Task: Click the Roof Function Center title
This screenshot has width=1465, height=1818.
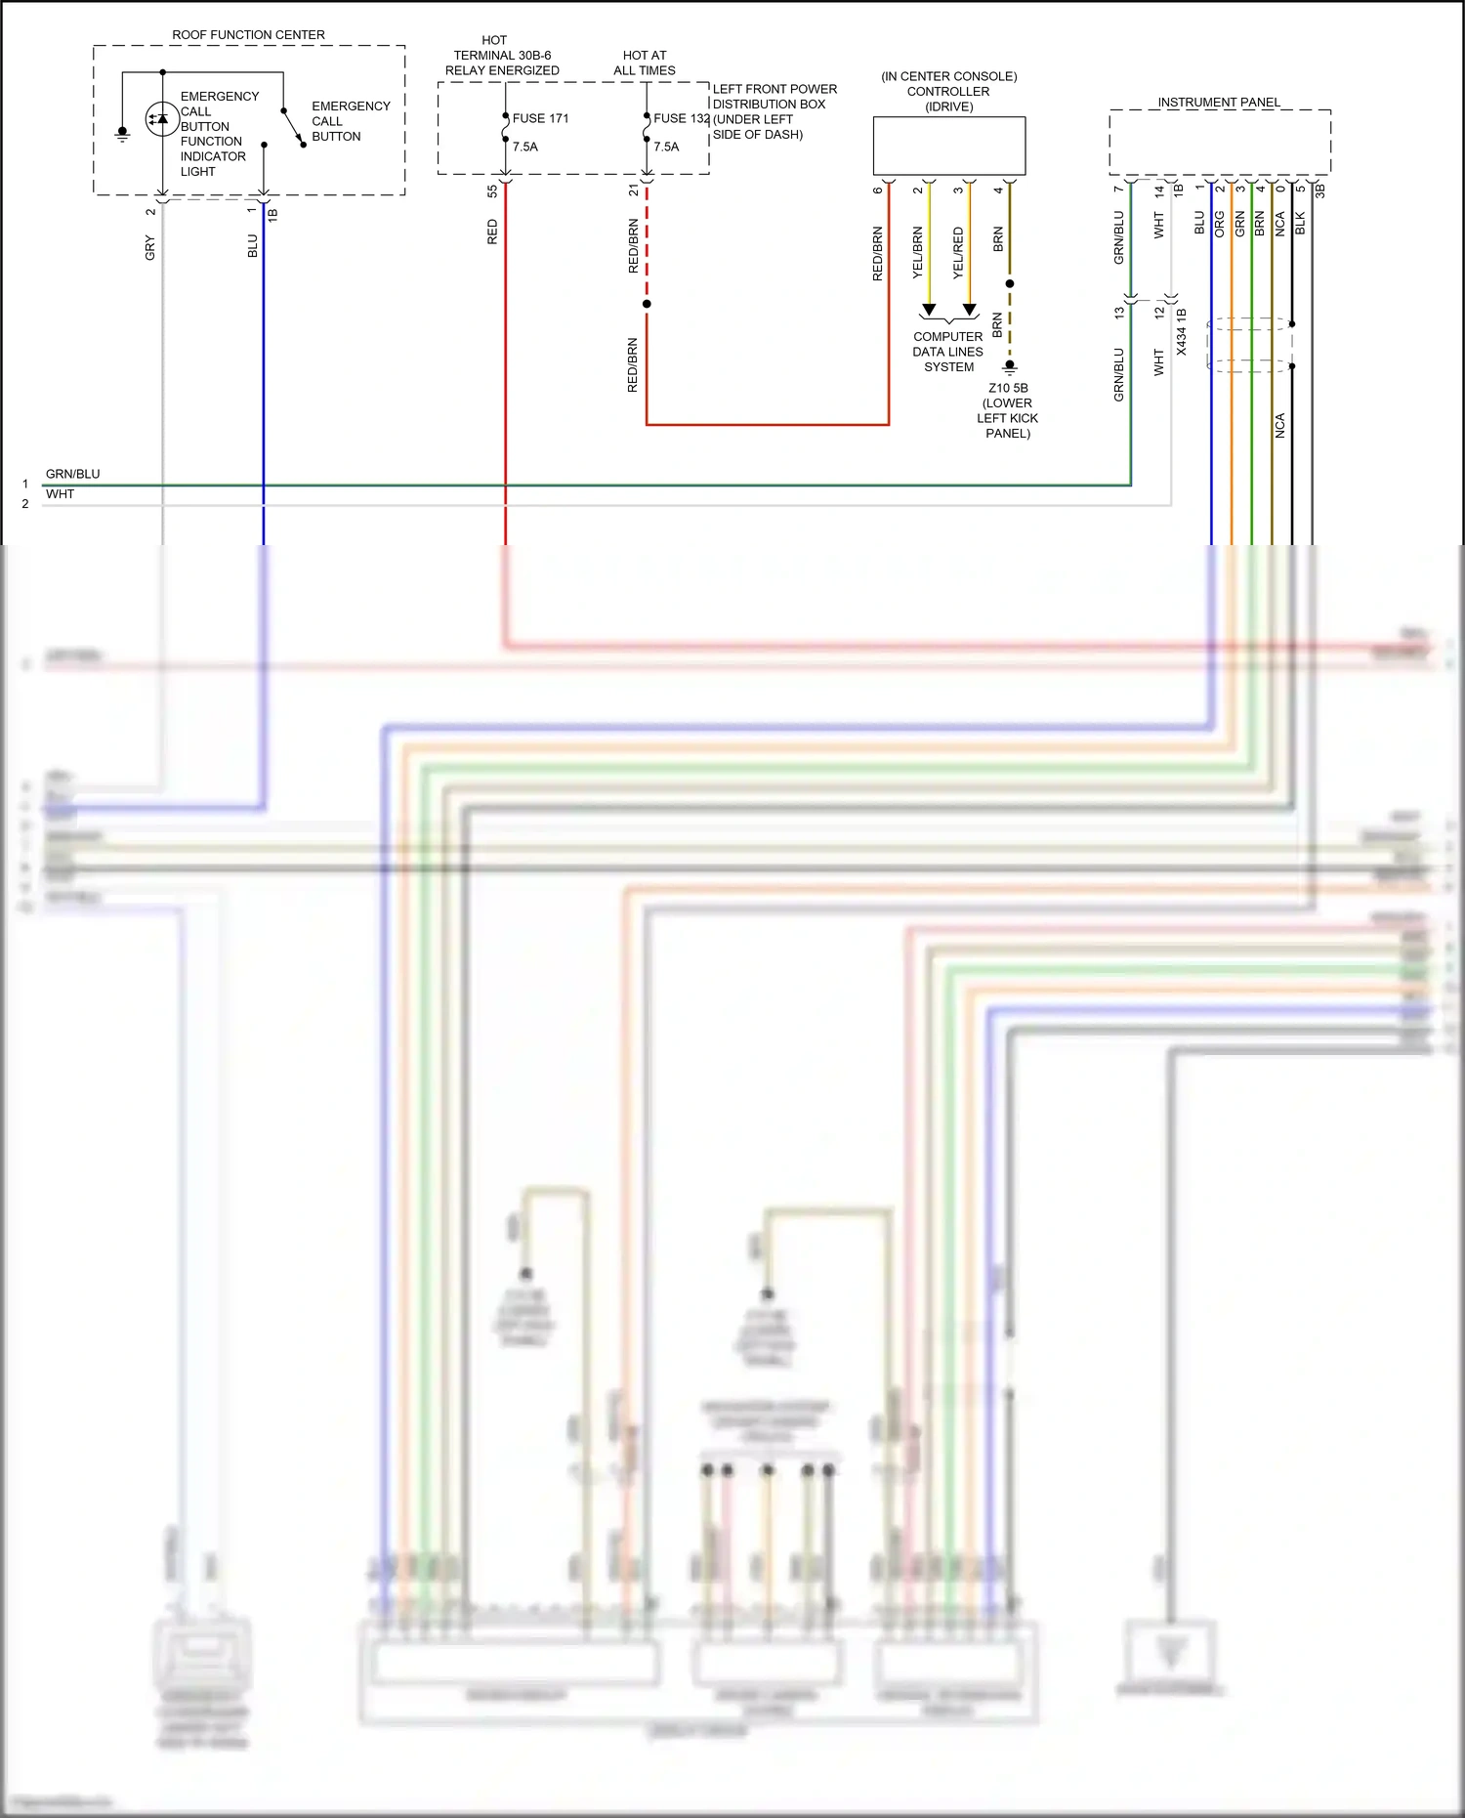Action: [x=248, y=35]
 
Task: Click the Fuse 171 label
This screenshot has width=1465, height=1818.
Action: [x=540, y=118]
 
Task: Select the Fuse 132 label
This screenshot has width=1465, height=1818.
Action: [x=681, y=118]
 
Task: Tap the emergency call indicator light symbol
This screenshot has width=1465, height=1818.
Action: [x=161, y=119]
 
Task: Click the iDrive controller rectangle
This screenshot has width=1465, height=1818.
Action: [x=948, y=146]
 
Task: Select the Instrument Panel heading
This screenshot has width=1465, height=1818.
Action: [x=1218, y=102]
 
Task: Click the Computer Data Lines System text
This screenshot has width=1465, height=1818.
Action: [x=948, y=352]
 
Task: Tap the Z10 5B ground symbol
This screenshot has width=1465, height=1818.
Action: [x=1010, y=368]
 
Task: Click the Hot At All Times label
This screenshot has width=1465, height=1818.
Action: [x=645, y=63]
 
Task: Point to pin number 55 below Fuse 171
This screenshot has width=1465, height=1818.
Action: [x=492, y=191]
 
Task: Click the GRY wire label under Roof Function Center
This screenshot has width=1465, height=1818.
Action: [x=150, y=248]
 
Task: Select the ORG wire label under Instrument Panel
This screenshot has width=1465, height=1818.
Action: [x=1219, y=224]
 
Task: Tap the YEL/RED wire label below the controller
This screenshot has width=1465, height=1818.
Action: [x=958, y=253]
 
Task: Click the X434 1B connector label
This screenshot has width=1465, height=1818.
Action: [x=1181, y=331]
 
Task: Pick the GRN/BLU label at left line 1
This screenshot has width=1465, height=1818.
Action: [x=72, y=474]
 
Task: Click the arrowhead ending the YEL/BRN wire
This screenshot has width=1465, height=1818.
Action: [x=929, y=310]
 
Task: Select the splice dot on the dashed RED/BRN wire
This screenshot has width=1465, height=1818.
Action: [x=647, y=304]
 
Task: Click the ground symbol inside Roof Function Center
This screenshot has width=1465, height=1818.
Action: [x=122, y=133]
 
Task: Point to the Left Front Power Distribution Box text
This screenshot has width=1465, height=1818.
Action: [x=774, y=111]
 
